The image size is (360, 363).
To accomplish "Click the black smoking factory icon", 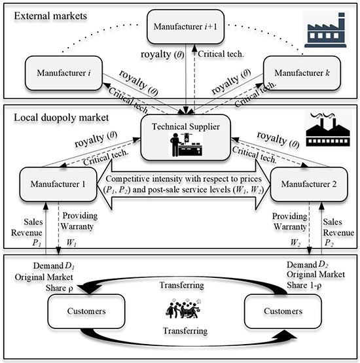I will coord(327,130).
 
